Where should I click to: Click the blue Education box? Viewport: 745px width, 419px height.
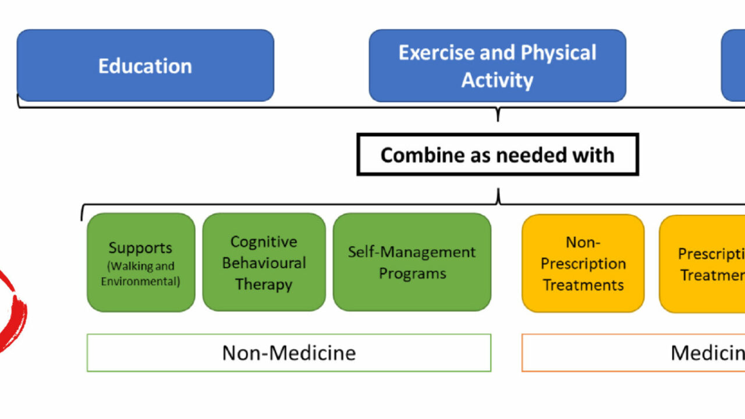145,66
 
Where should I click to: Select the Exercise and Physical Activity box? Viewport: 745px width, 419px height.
497,66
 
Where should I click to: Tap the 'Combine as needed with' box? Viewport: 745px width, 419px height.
497,155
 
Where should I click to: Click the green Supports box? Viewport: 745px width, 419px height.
141,262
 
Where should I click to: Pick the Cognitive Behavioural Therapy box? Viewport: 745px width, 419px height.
264,262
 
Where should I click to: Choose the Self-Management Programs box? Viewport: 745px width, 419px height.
411,262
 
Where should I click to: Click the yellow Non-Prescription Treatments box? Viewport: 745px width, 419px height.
583,263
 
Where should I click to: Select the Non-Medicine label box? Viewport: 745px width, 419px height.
289,353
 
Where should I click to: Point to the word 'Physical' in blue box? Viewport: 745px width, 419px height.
558,53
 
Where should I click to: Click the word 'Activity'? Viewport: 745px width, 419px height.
497,80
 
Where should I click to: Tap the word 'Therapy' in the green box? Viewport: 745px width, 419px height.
264,285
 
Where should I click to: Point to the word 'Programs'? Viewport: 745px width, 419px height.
412,274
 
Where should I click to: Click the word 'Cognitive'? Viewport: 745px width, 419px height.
264,242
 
